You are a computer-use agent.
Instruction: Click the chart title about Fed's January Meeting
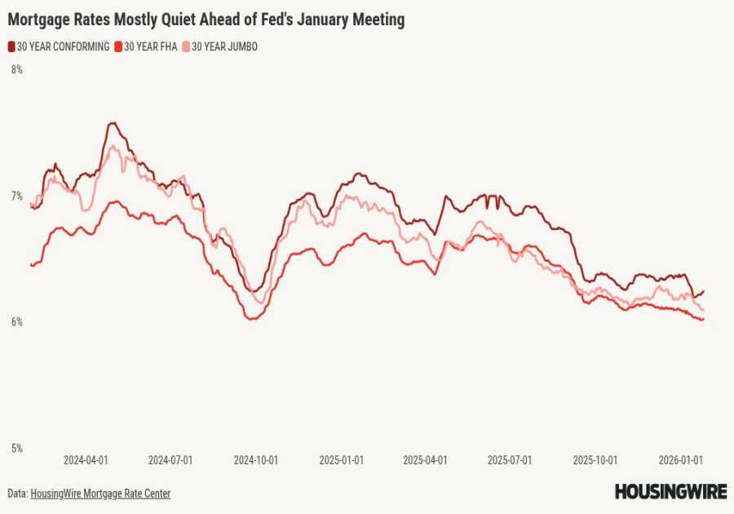point(206,18)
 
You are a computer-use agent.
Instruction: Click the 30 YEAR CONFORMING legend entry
point(59,47)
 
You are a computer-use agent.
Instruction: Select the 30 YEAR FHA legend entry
point(147,47)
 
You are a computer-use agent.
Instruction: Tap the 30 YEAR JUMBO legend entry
point(219,47)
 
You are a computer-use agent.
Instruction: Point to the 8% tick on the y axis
point(16,70)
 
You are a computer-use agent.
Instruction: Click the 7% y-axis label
point(16,196)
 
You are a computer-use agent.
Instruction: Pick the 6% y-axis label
point(16,322)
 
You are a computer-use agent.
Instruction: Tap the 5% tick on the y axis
point(16,448)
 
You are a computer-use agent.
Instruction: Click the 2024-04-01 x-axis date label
point(86,460)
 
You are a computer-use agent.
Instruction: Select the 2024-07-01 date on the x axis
point(170,460)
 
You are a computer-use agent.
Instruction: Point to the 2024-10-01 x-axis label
point(256,460)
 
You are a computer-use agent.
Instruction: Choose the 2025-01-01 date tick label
point(341,460)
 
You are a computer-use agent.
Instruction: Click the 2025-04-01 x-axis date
point(425,460)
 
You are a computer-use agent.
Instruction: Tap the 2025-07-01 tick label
point(510,460)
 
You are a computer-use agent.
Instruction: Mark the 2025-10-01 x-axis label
point(595,460)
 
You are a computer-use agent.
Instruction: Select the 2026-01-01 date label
point(681,460)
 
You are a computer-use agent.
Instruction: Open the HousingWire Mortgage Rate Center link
point(100,494)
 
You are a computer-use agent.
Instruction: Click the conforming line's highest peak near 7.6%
point(113,123)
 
